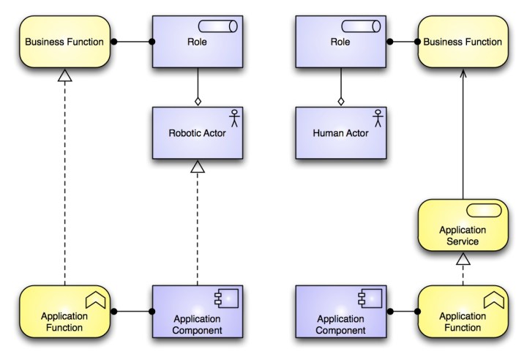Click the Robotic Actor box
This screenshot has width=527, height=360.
click(197, 133)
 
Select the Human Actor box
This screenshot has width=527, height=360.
click(340, 133)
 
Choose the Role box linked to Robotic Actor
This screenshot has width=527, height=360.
click(197, 42)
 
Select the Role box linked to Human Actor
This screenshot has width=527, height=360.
click(340, 42)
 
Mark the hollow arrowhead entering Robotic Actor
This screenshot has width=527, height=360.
click(197, 167)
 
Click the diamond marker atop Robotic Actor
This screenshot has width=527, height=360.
click(197, 101)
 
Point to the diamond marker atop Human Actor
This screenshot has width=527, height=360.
click(340, 101)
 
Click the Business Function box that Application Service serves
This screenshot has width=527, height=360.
click(463, 42)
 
